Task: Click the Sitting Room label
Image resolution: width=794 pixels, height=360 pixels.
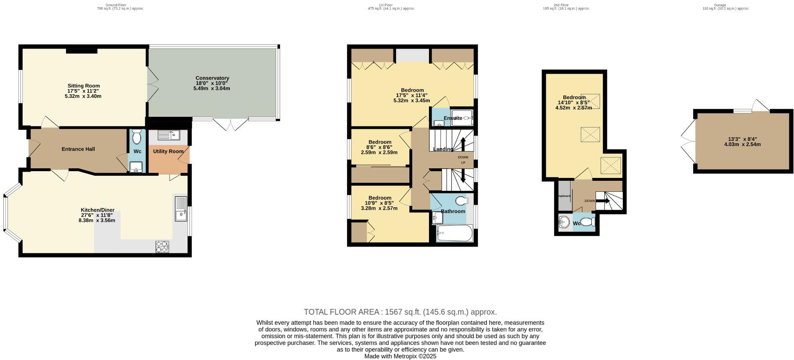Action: click(84, 86)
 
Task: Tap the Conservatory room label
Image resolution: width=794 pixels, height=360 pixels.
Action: click(212, 78)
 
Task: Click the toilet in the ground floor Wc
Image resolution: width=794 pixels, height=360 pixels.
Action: click(136, 137)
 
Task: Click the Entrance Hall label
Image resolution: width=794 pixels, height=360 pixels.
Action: click(78, 149)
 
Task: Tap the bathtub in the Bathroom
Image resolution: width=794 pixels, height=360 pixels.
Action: click(454, 234)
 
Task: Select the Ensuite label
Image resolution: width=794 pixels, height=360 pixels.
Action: click(453, 118)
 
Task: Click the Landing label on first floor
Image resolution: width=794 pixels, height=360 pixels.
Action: click(443, 149)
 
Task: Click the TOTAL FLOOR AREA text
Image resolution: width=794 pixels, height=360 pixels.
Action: click(400, 312)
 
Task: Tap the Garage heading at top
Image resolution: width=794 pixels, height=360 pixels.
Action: click(720, 5)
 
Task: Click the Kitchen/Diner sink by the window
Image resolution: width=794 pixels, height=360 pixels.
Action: click(181, 208)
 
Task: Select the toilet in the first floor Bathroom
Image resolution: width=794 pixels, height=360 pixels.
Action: click(462, 201)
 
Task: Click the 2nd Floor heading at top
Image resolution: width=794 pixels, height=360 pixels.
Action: click(561, 5)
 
